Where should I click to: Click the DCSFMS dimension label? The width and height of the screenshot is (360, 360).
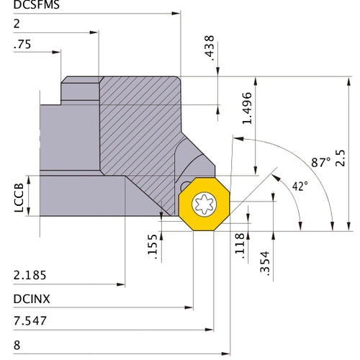(x=37, y=5)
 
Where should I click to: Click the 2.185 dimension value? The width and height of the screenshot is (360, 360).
(x=30, y=275)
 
